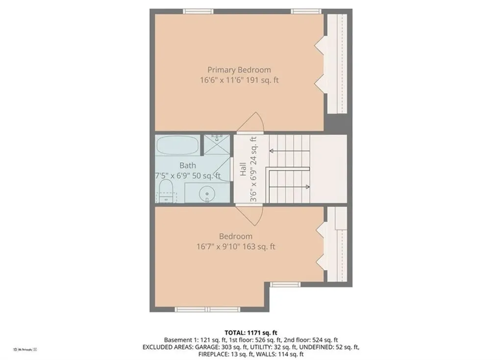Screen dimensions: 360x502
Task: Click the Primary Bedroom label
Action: (239, 70)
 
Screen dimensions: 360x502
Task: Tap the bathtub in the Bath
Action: (177, 145)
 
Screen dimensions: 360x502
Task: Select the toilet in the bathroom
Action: (166, 191)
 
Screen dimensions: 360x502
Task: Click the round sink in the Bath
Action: (207, 194)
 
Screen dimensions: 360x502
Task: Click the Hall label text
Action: (243, 170)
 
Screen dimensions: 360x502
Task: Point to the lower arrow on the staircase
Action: (306, 186)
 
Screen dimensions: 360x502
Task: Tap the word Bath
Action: (187, 166)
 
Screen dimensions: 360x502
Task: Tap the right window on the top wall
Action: (306, 11)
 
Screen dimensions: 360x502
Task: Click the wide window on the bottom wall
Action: (208, 309)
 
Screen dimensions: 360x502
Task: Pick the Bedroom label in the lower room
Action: (236, 236)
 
